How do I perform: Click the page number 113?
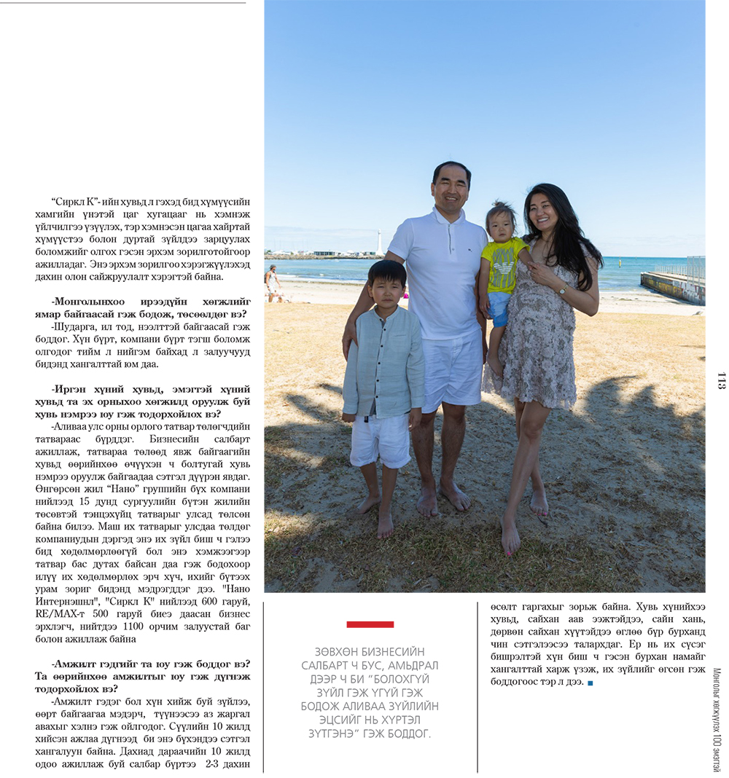pyautogui.click(x=721, y=380)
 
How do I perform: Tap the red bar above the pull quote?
pyautogui.click(x=370, y=624)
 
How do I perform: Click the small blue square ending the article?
pyautogui.click(x=590, y=683)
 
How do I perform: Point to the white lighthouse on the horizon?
pyautogui.click(x=378, y=242)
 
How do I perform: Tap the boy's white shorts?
pyautogui.click(x=380, y=439)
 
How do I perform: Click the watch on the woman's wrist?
pyautogui.click(x=562, y=290)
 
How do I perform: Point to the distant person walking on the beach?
pyautogui.click(x=273, y=283)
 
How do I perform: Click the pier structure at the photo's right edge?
pyautogui.click(x=675, y=286)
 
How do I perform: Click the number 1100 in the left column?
pyautogui.click(x=163, y=626)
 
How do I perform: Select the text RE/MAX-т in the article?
pyautogui.click(x=59, y=614)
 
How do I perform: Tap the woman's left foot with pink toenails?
pyautogui.click(x=510, y=540)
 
